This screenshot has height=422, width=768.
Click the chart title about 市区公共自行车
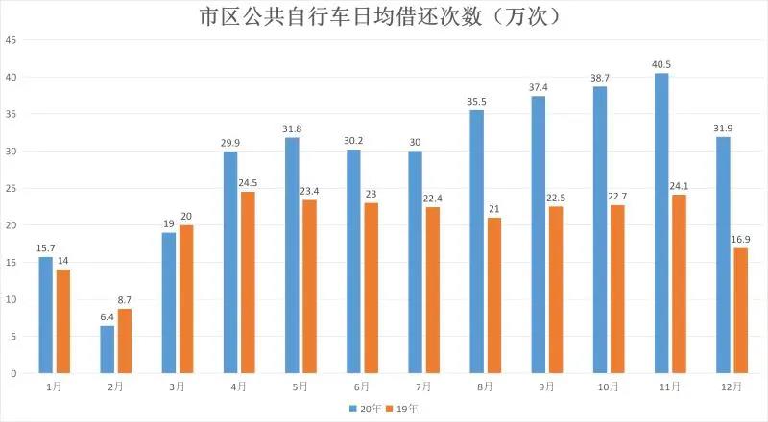[384, 17]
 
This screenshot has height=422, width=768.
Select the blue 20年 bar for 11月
[661, 223]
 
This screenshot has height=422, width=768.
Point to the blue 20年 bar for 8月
[477, 242]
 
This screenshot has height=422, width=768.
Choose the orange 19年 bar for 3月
[186, 298]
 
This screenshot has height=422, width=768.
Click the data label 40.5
[660, 64]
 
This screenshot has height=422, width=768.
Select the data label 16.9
[740, 239]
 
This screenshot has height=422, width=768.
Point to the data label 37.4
[538, 87]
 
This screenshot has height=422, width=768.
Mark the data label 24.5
[248, 183]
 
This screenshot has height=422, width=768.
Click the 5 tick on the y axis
[12, 337]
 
